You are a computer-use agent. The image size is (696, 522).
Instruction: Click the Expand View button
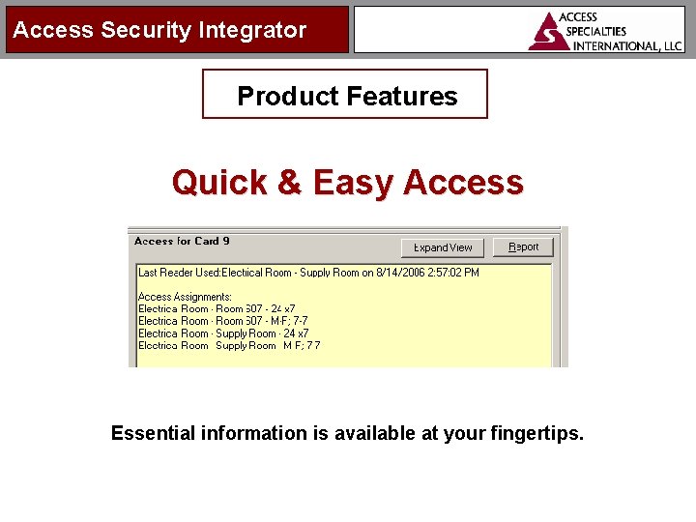(443, 247)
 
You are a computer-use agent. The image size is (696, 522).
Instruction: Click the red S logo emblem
(548, 31)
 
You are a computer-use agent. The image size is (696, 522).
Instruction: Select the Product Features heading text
(347, 96)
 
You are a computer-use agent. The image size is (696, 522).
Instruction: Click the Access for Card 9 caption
(182, 241)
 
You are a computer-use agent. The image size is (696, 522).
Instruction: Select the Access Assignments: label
(185, 297)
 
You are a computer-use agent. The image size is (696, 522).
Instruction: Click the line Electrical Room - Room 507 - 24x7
(217, 309)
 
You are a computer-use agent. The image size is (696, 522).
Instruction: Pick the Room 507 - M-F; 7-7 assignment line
(217, 321)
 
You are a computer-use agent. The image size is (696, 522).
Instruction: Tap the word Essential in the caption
(153, 433)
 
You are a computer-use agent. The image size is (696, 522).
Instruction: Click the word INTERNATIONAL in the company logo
(613, 45)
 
